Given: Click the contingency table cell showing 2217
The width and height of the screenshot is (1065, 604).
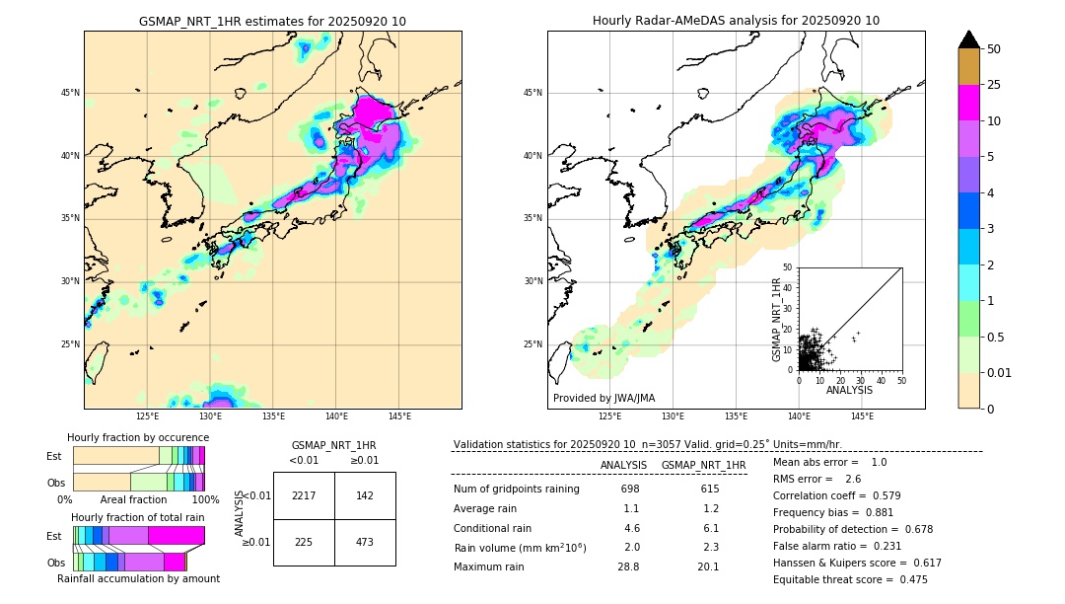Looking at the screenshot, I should (304, 495).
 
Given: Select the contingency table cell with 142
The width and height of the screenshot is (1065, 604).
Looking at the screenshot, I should (365, 495).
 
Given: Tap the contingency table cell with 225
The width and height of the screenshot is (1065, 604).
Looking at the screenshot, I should (304, 541).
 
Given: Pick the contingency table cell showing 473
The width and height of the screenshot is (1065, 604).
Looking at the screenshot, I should (365, 541).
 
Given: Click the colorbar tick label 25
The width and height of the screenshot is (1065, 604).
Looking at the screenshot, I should (994, 85).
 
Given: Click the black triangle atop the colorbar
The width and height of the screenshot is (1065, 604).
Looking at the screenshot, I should (968, 39).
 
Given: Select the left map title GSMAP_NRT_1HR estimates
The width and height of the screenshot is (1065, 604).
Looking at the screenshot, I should (272, 21).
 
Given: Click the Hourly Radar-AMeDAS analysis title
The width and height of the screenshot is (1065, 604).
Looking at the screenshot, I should (736, 21).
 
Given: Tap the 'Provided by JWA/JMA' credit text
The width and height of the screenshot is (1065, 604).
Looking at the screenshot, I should (603, 399).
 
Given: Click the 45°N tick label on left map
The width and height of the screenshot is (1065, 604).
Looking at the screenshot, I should (70, 93).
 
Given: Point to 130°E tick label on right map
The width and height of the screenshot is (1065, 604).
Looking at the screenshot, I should (673, 416).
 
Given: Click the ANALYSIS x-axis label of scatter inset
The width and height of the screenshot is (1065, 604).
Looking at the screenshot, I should (849, 390).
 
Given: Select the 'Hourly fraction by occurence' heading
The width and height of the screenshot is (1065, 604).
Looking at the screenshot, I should (138, 437).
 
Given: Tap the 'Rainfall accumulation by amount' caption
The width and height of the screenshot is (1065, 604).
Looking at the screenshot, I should (138, 578).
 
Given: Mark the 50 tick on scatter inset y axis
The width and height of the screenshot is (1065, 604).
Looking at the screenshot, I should (788, 267).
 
